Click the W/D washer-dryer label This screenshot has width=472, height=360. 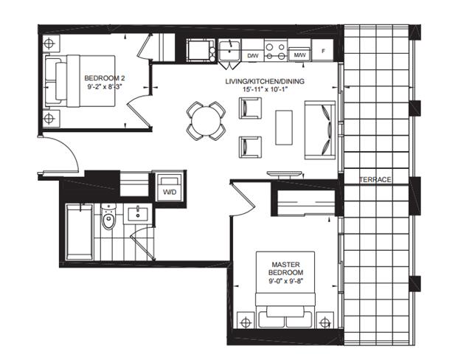click(170, 192)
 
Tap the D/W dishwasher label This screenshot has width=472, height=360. click(253, 55)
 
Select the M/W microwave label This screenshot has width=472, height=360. click(299, 55)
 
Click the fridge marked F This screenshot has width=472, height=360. click(323, 51)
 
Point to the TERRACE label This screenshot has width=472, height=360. click(375, 180)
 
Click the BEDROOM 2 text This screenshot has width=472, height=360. click(105, 78)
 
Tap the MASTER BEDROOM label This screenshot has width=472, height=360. click(285, 269)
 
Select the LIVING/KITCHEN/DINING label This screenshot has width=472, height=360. click(265, 81)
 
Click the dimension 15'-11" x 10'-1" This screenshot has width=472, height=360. click(265, 89)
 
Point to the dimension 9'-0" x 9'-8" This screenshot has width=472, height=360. click(285, 282)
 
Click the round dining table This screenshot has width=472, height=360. click(206, 121)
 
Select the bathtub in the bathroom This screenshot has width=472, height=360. click(79, 232)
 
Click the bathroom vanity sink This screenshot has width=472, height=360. click(138, 213)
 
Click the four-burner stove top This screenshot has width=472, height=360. click(275, 51)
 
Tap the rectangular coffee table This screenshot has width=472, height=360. click(284, 128)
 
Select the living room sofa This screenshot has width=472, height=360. click(320, 130)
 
